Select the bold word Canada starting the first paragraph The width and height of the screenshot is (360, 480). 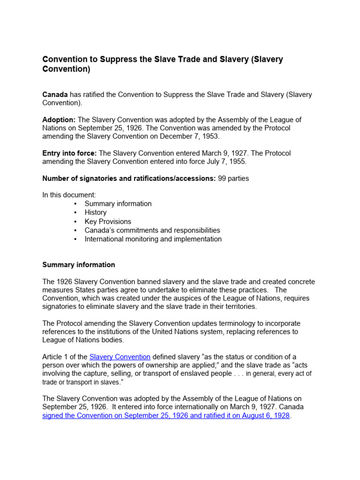click(55, 95)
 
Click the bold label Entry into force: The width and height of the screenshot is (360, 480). click(69, 153)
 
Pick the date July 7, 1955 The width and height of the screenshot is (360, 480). click(228, 162)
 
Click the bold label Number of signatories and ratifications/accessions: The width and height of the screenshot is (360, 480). click(129, 178)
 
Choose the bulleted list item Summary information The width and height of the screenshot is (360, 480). click(118, 204)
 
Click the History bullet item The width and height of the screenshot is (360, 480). click(96, 212)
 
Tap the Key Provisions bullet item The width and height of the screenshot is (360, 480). click(108, 221)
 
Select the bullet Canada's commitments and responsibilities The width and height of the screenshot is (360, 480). click(152, 230)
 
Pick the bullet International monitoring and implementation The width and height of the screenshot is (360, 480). click(153, 239)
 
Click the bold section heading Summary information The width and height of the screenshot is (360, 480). click(79, 265)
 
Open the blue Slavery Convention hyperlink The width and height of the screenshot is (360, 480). click(120, 357)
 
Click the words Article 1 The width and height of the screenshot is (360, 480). click(55, 357)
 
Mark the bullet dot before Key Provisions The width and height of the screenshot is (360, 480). click(76, 221)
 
